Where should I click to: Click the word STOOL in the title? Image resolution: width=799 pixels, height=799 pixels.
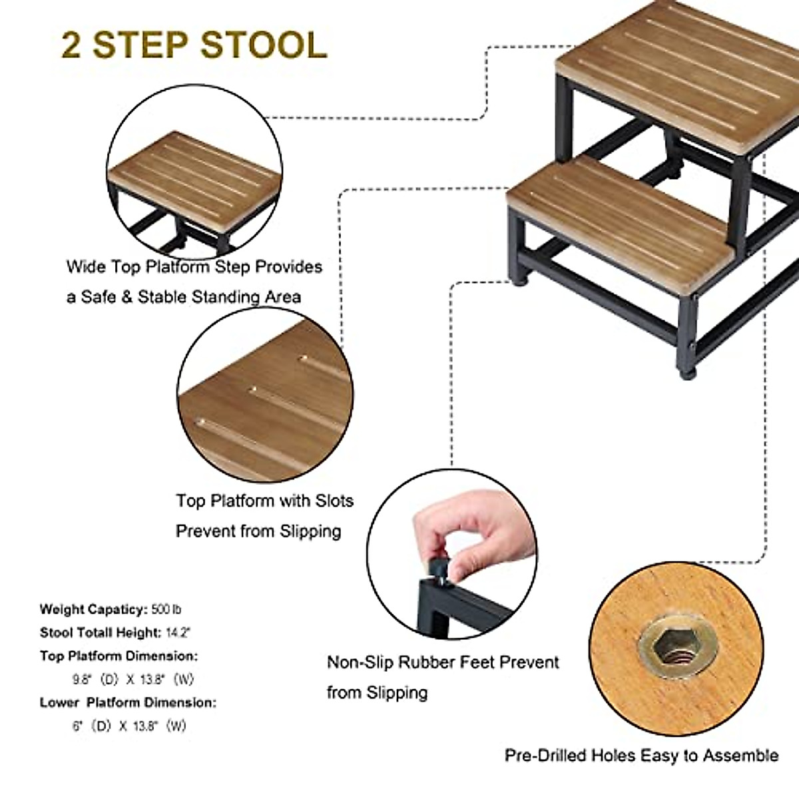[263, 45]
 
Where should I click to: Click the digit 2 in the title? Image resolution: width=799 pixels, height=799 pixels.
[72, 45]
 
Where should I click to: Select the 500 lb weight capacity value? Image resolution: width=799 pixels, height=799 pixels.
[166, 609]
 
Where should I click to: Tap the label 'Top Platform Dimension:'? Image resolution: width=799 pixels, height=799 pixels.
[119, 656]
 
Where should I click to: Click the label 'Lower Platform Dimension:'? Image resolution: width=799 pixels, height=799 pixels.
[128, 702]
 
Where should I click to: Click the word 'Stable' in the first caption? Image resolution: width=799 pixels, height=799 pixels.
[160, 297]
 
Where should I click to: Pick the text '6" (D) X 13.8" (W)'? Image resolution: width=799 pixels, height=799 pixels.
[129, 726]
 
